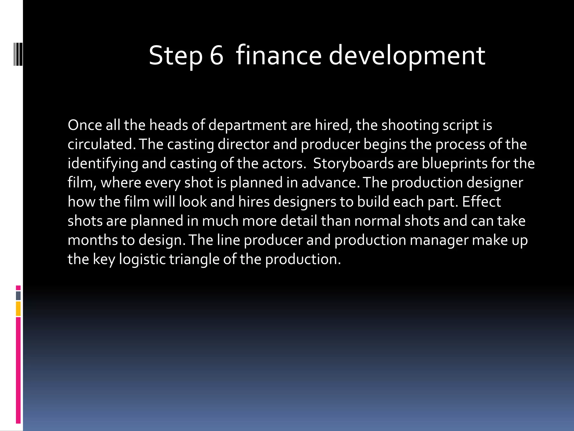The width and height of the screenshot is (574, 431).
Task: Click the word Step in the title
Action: tap(175, 56)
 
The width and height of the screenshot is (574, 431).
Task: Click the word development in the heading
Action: tap(407, 56)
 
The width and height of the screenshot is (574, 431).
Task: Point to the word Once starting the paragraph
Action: tap(85, 125)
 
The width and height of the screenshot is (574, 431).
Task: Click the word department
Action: tap(247, 125)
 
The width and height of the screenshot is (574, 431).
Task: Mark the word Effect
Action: tap(481, 201)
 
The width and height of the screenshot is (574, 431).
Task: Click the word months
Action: tap(92, 240)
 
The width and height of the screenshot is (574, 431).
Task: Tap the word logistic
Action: tap(142, 260)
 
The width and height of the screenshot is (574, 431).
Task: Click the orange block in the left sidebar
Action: tap(18, 309)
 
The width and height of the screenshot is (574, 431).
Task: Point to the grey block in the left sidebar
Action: tap(18, 296)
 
